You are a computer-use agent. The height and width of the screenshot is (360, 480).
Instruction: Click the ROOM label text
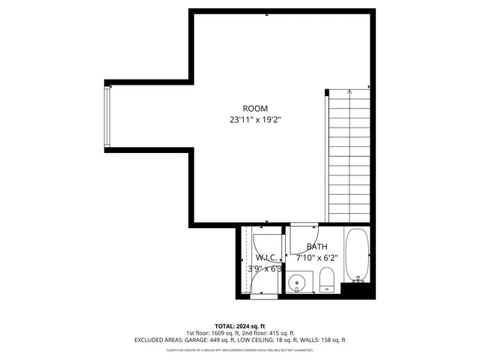[255, 109]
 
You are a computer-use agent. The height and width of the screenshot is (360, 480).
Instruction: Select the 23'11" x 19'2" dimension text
[255, 119]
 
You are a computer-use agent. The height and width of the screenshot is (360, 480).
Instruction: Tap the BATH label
[316, 247]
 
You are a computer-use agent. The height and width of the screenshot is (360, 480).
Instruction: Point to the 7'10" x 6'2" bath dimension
[316, 257]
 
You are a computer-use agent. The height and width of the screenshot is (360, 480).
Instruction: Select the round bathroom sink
[298, 284]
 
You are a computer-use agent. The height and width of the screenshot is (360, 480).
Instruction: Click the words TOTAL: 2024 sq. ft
[239, 326]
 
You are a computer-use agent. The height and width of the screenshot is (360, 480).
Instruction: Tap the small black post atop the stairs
[327, 92]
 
